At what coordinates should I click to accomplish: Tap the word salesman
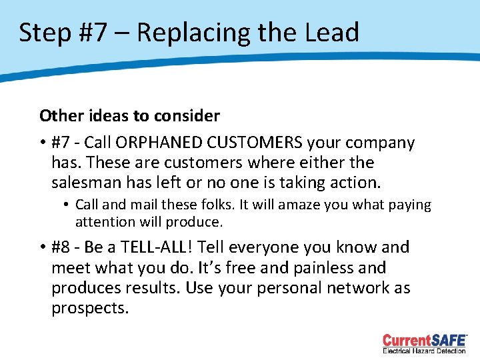coord(84,183)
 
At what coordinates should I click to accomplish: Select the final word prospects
coord(89,309)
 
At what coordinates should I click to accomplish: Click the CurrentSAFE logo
coord(425,339)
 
